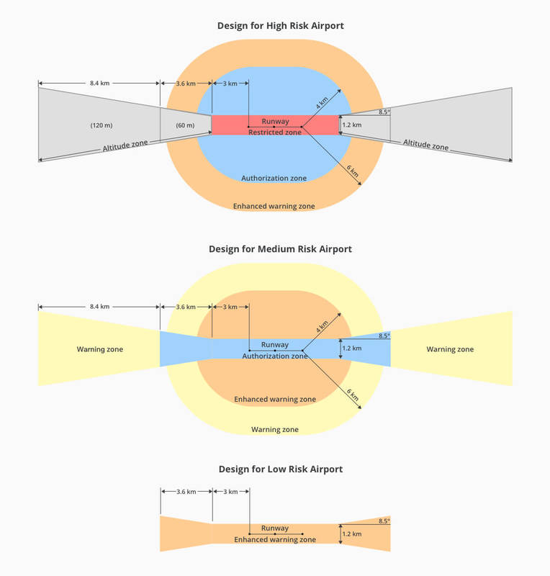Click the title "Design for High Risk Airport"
pos(280,26)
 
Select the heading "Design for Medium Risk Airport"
pos(280,249)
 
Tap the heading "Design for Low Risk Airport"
pos(280,469)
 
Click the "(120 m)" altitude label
pos(101,125)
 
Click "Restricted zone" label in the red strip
pos(275,132)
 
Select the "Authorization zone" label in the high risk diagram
pos(274,178)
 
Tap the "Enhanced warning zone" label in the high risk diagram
pos(274,206)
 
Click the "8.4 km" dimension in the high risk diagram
pos(99,84)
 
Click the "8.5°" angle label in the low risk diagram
pos(384,521)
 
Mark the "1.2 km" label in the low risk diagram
pos(351,534)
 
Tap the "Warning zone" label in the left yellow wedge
pos(100,349)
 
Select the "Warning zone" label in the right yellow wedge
pos(450,349)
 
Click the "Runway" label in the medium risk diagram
pos(275,345)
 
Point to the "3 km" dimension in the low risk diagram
pos(230,491)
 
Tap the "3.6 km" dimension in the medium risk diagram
pos(186,307)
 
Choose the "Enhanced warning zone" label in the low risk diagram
pos(275,539)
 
